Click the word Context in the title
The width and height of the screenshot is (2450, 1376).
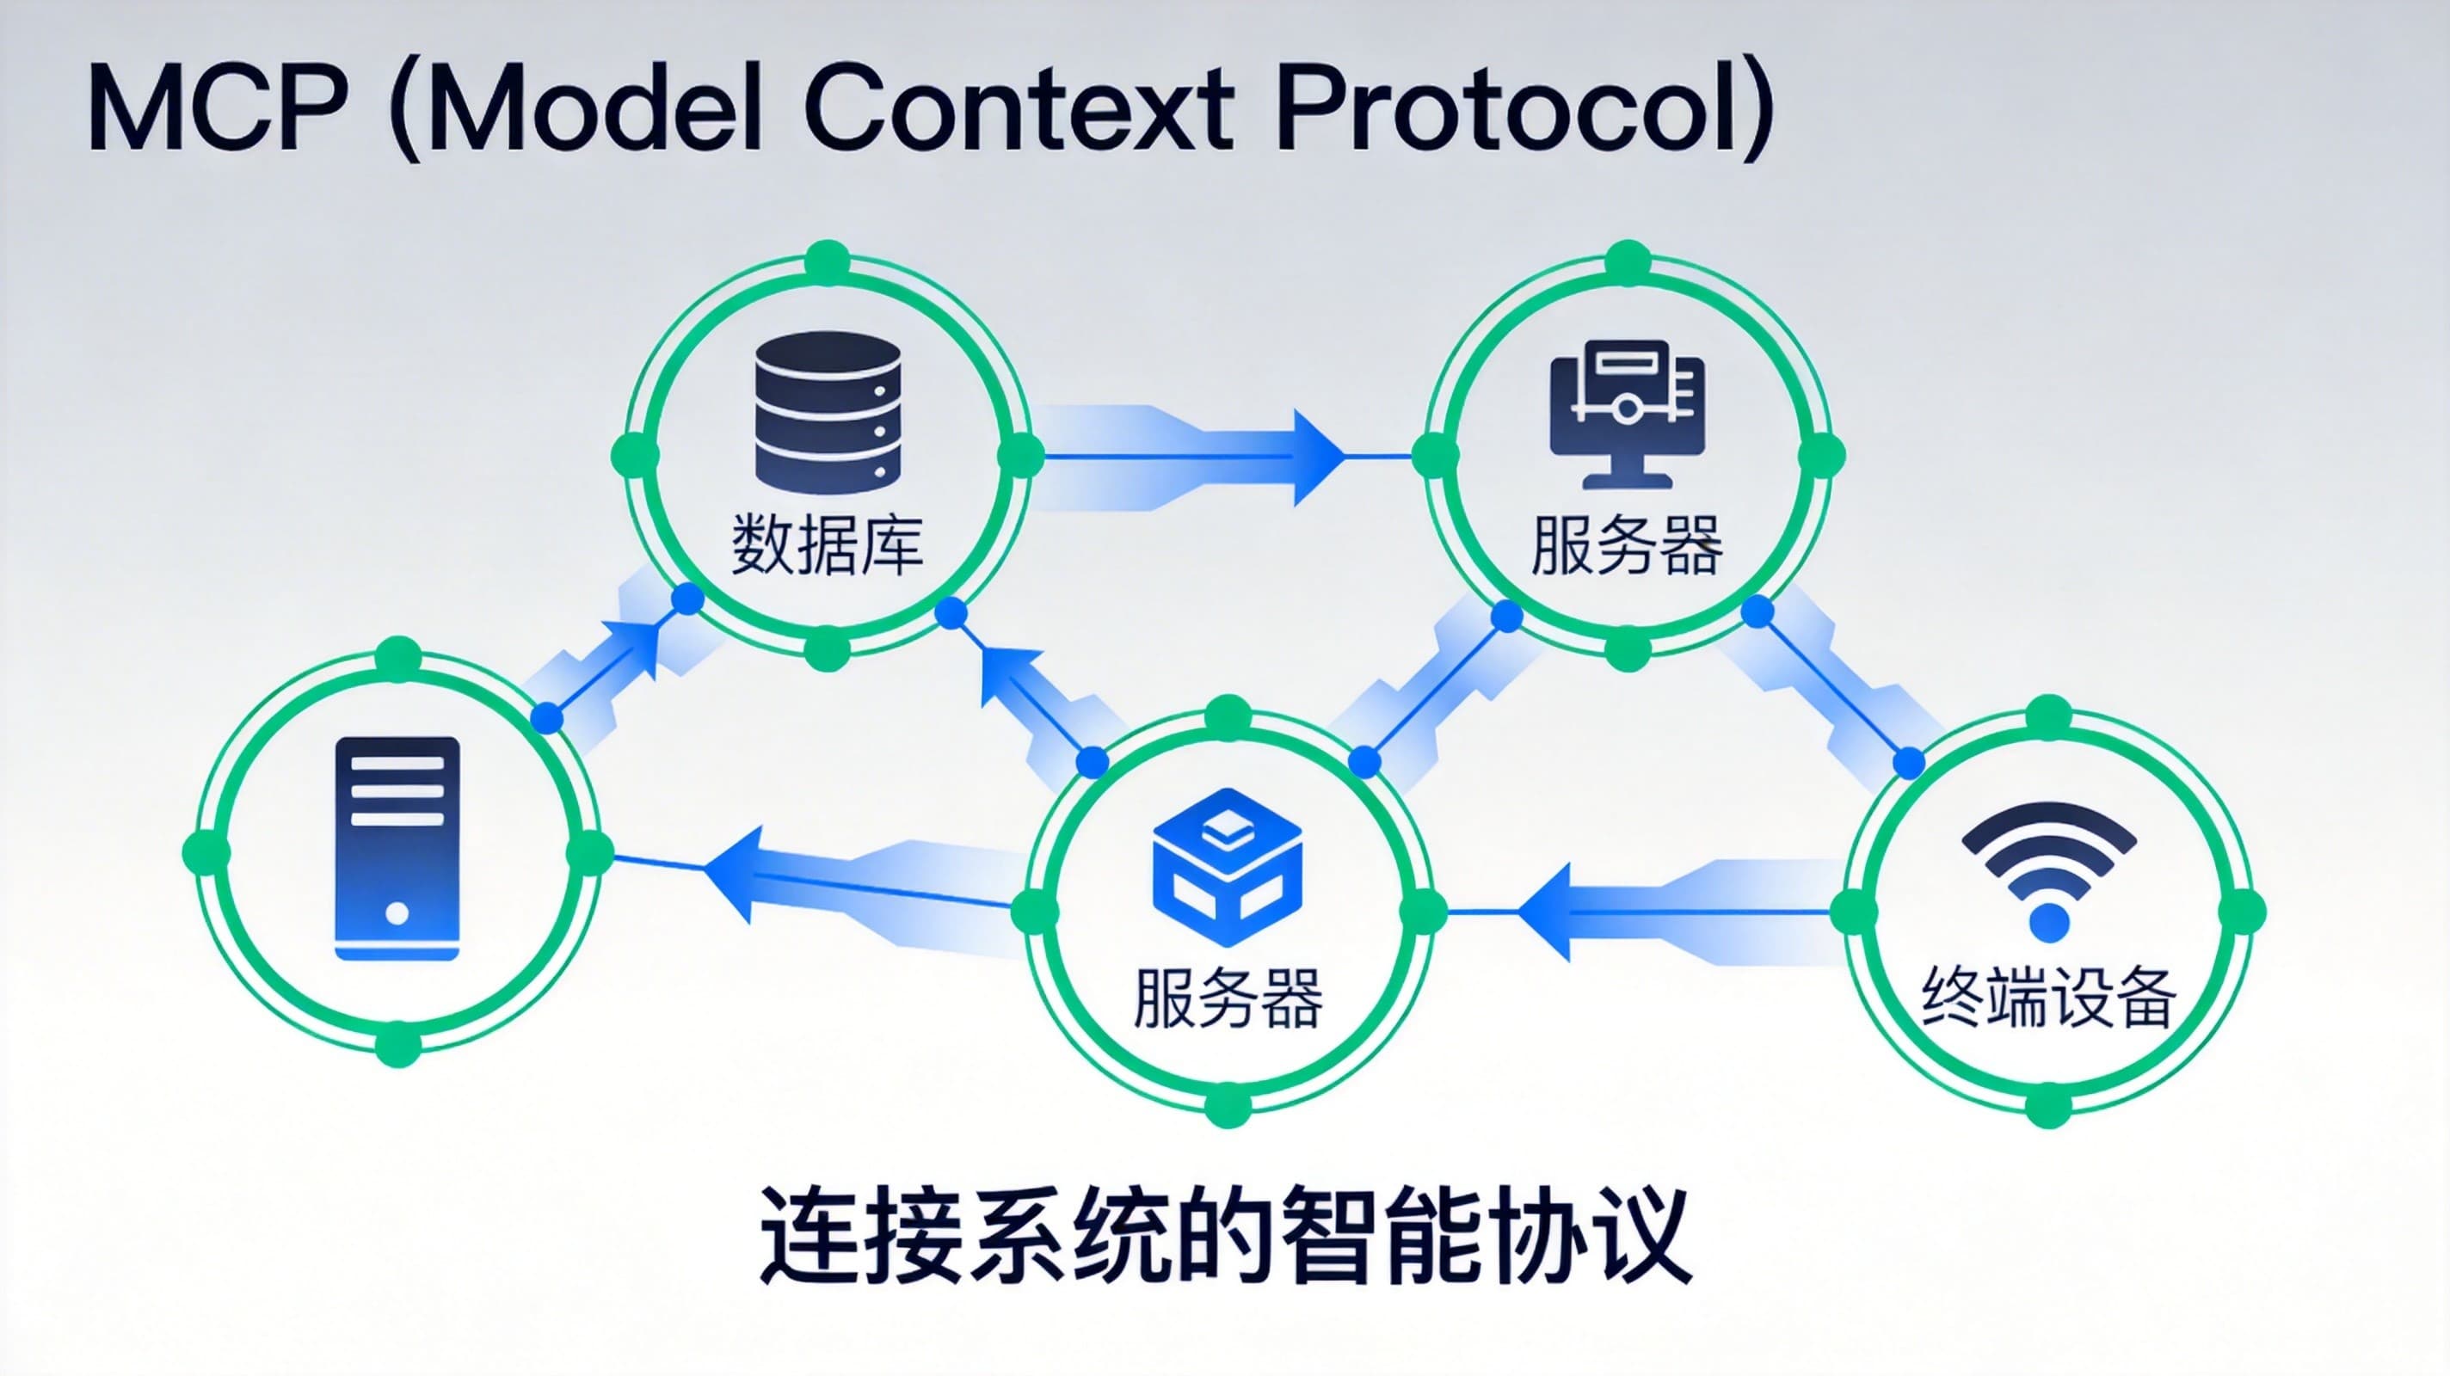click(1023, 109)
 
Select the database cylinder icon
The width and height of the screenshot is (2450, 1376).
click(827, 408)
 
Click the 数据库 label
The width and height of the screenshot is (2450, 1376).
click(827, 546)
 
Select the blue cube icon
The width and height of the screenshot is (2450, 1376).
click(1227, 866)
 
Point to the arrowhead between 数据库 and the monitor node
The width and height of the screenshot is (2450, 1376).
click(1317, 457)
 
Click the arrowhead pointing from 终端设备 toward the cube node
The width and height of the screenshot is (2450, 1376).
click(1546, 912)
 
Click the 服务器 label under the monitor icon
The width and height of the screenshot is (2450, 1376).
click(1627, 546)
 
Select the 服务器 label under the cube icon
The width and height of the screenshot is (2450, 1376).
click(1228, 998)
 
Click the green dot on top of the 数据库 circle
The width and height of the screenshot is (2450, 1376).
click(827, 261)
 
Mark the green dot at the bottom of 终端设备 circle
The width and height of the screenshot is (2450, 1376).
click(2050, 1107)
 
